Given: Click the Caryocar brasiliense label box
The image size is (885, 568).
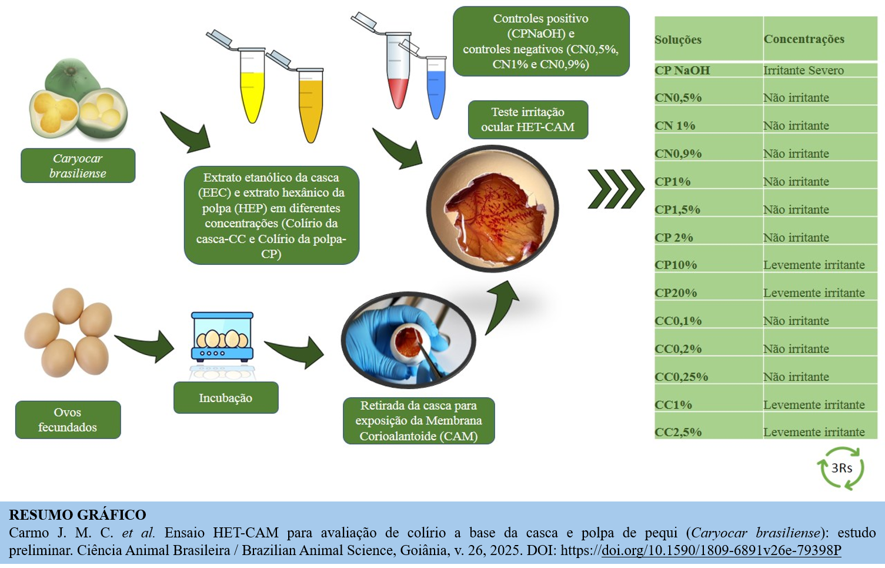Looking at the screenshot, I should point(78,165).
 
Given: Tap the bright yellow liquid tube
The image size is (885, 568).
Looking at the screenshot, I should point(252,88).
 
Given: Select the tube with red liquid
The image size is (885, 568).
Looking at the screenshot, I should point(398,77).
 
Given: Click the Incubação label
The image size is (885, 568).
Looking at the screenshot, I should point(225,398).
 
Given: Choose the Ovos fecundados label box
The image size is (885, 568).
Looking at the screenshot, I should point(68,420).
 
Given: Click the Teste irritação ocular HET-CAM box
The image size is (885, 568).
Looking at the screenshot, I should point(527,119).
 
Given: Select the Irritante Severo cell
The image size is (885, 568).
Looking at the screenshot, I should point(803,70).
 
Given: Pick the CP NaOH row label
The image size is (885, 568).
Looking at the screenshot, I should point(682,70).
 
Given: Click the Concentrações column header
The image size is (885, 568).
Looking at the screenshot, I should point(804,39).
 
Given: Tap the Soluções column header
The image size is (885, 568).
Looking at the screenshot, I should point(678,39).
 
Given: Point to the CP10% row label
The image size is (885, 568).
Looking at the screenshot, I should point(676,265).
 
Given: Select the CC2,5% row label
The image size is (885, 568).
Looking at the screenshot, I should point(678,432).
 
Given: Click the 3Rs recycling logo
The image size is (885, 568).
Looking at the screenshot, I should point(841,468).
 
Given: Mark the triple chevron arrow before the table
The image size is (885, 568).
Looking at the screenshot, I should point(615,189).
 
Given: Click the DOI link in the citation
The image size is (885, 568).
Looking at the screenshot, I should point(721,550).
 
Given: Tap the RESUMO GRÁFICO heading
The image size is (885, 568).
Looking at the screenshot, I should point(78,515).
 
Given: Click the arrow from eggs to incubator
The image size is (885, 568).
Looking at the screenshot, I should point(145,346).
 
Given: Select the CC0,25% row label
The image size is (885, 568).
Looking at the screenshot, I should point(681,377).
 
